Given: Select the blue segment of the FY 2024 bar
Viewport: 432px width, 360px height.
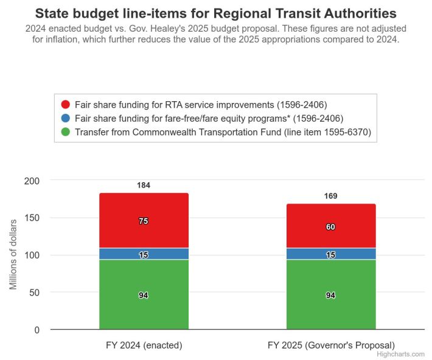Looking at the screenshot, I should click(x=122, y=253).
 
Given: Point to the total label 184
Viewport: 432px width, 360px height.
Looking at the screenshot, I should click(x=144, y=185).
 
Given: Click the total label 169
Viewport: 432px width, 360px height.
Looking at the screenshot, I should click(x=330, y=196).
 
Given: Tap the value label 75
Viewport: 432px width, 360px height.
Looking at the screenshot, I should click(x=144, y=221).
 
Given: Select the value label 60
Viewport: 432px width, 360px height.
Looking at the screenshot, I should click(x=330, y=227).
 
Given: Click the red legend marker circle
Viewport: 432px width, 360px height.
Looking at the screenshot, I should click(x=65, y=104).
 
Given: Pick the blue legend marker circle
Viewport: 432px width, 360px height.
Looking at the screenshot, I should click(x=65, y=118).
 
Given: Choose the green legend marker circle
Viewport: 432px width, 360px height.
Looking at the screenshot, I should click(x=65, y=132).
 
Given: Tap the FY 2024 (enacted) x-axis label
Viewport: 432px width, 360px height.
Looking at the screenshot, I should click(x=144, y=345).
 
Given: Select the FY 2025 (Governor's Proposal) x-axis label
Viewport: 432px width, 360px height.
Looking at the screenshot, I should click(x=331, y=345).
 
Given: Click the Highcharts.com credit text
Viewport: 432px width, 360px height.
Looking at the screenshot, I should click(x=400, y=354).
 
